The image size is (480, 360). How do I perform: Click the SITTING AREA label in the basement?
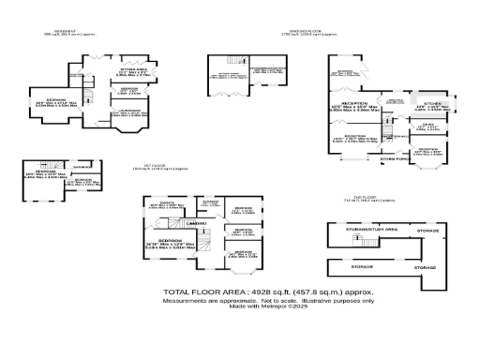(134, 68)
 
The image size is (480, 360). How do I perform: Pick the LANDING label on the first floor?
(198, 225)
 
